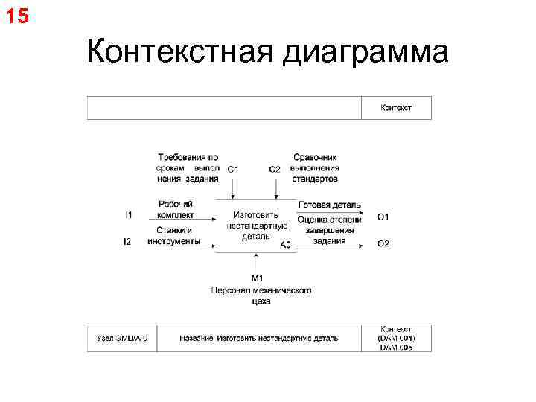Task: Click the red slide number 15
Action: (17, 15)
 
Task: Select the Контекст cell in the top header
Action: (396, 108)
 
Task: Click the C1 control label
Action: (233, 170)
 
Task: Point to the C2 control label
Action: (275, 170)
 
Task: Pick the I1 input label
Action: (129, 215)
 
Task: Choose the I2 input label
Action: (128, 242)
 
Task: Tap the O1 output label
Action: (383, 217)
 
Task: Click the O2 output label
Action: (383, 244)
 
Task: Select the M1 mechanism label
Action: (258, 278)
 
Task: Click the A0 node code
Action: (285, 245)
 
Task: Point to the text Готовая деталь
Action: (329, 205)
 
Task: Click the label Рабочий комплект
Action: (176, 210)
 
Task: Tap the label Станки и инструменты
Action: (174, 236)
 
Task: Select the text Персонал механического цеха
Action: (261, 296)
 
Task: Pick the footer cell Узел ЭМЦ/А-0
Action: (122, 338)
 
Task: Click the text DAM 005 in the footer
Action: (396, 347)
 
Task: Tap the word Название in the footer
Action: (197, 338)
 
